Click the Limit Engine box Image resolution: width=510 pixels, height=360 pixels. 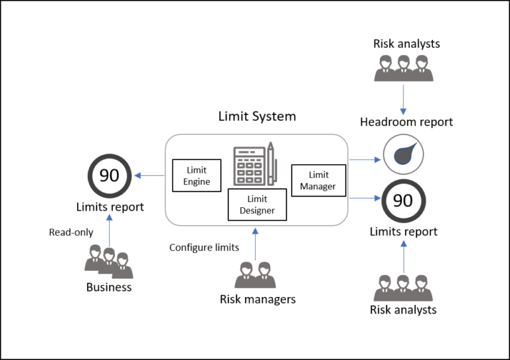tap(197, 175)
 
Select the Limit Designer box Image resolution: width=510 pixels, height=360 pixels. tap(257, 205)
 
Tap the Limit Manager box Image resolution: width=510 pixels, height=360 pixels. tap(318, 181)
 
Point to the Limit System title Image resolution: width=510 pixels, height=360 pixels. tap(257, 117)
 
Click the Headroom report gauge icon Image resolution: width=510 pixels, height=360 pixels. tap(402, 154)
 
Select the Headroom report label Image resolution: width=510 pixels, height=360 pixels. tap(406, 122)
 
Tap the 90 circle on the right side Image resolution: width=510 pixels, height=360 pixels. tap(403, 201)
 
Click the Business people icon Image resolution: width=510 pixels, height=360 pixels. tap(109, 262)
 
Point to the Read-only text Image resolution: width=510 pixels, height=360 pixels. tap(71, 232)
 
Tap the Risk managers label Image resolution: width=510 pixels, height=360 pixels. tap(257, 300)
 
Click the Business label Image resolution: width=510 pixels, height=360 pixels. tap(109, 288)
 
